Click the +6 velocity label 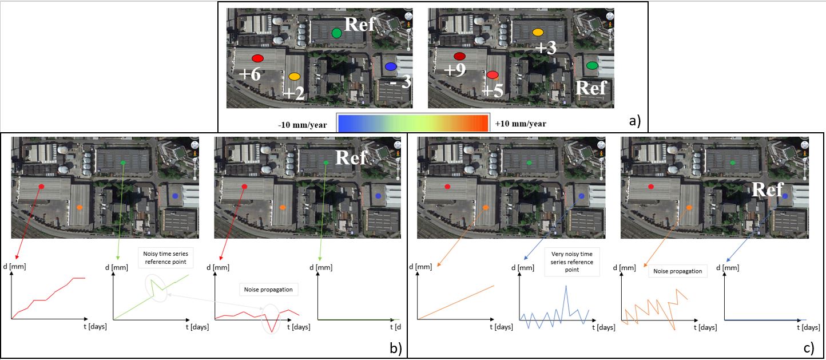pos(250,74)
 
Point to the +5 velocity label pos(493,91)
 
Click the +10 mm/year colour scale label pos(521,124)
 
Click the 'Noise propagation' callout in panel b pos(269,290)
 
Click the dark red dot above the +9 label pos(459,56)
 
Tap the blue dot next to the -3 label pos(391,67)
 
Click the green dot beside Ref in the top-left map pos(337,33)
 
